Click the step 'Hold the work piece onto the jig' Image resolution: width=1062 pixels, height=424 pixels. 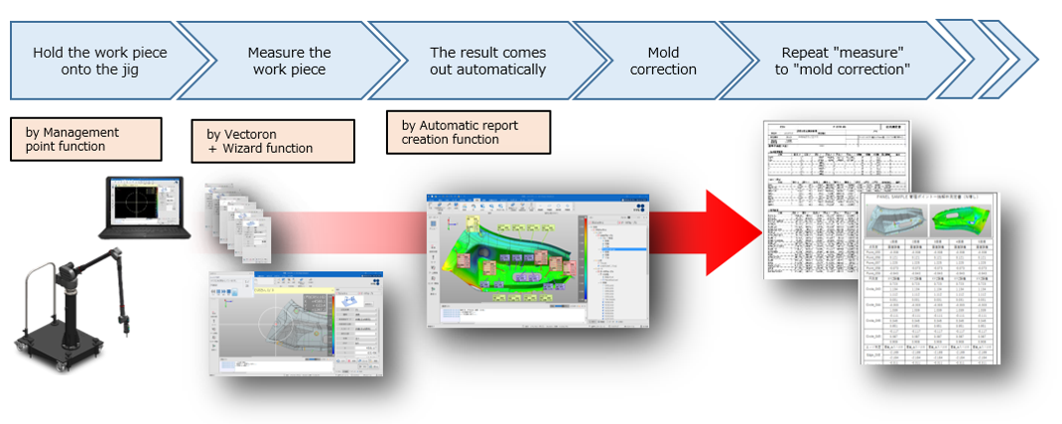(x=99, y=61)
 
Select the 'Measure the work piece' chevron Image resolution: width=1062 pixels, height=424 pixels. (x=289, y=61)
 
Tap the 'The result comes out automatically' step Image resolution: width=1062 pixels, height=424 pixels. (x=487, y=61)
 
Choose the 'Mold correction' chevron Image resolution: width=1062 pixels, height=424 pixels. (x=663, y=61)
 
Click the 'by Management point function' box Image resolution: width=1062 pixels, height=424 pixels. (x=85, y=140)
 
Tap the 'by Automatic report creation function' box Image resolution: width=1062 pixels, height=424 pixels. (x=466, y=132)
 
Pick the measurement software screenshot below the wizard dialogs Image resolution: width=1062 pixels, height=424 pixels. (x=295, y=323)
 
